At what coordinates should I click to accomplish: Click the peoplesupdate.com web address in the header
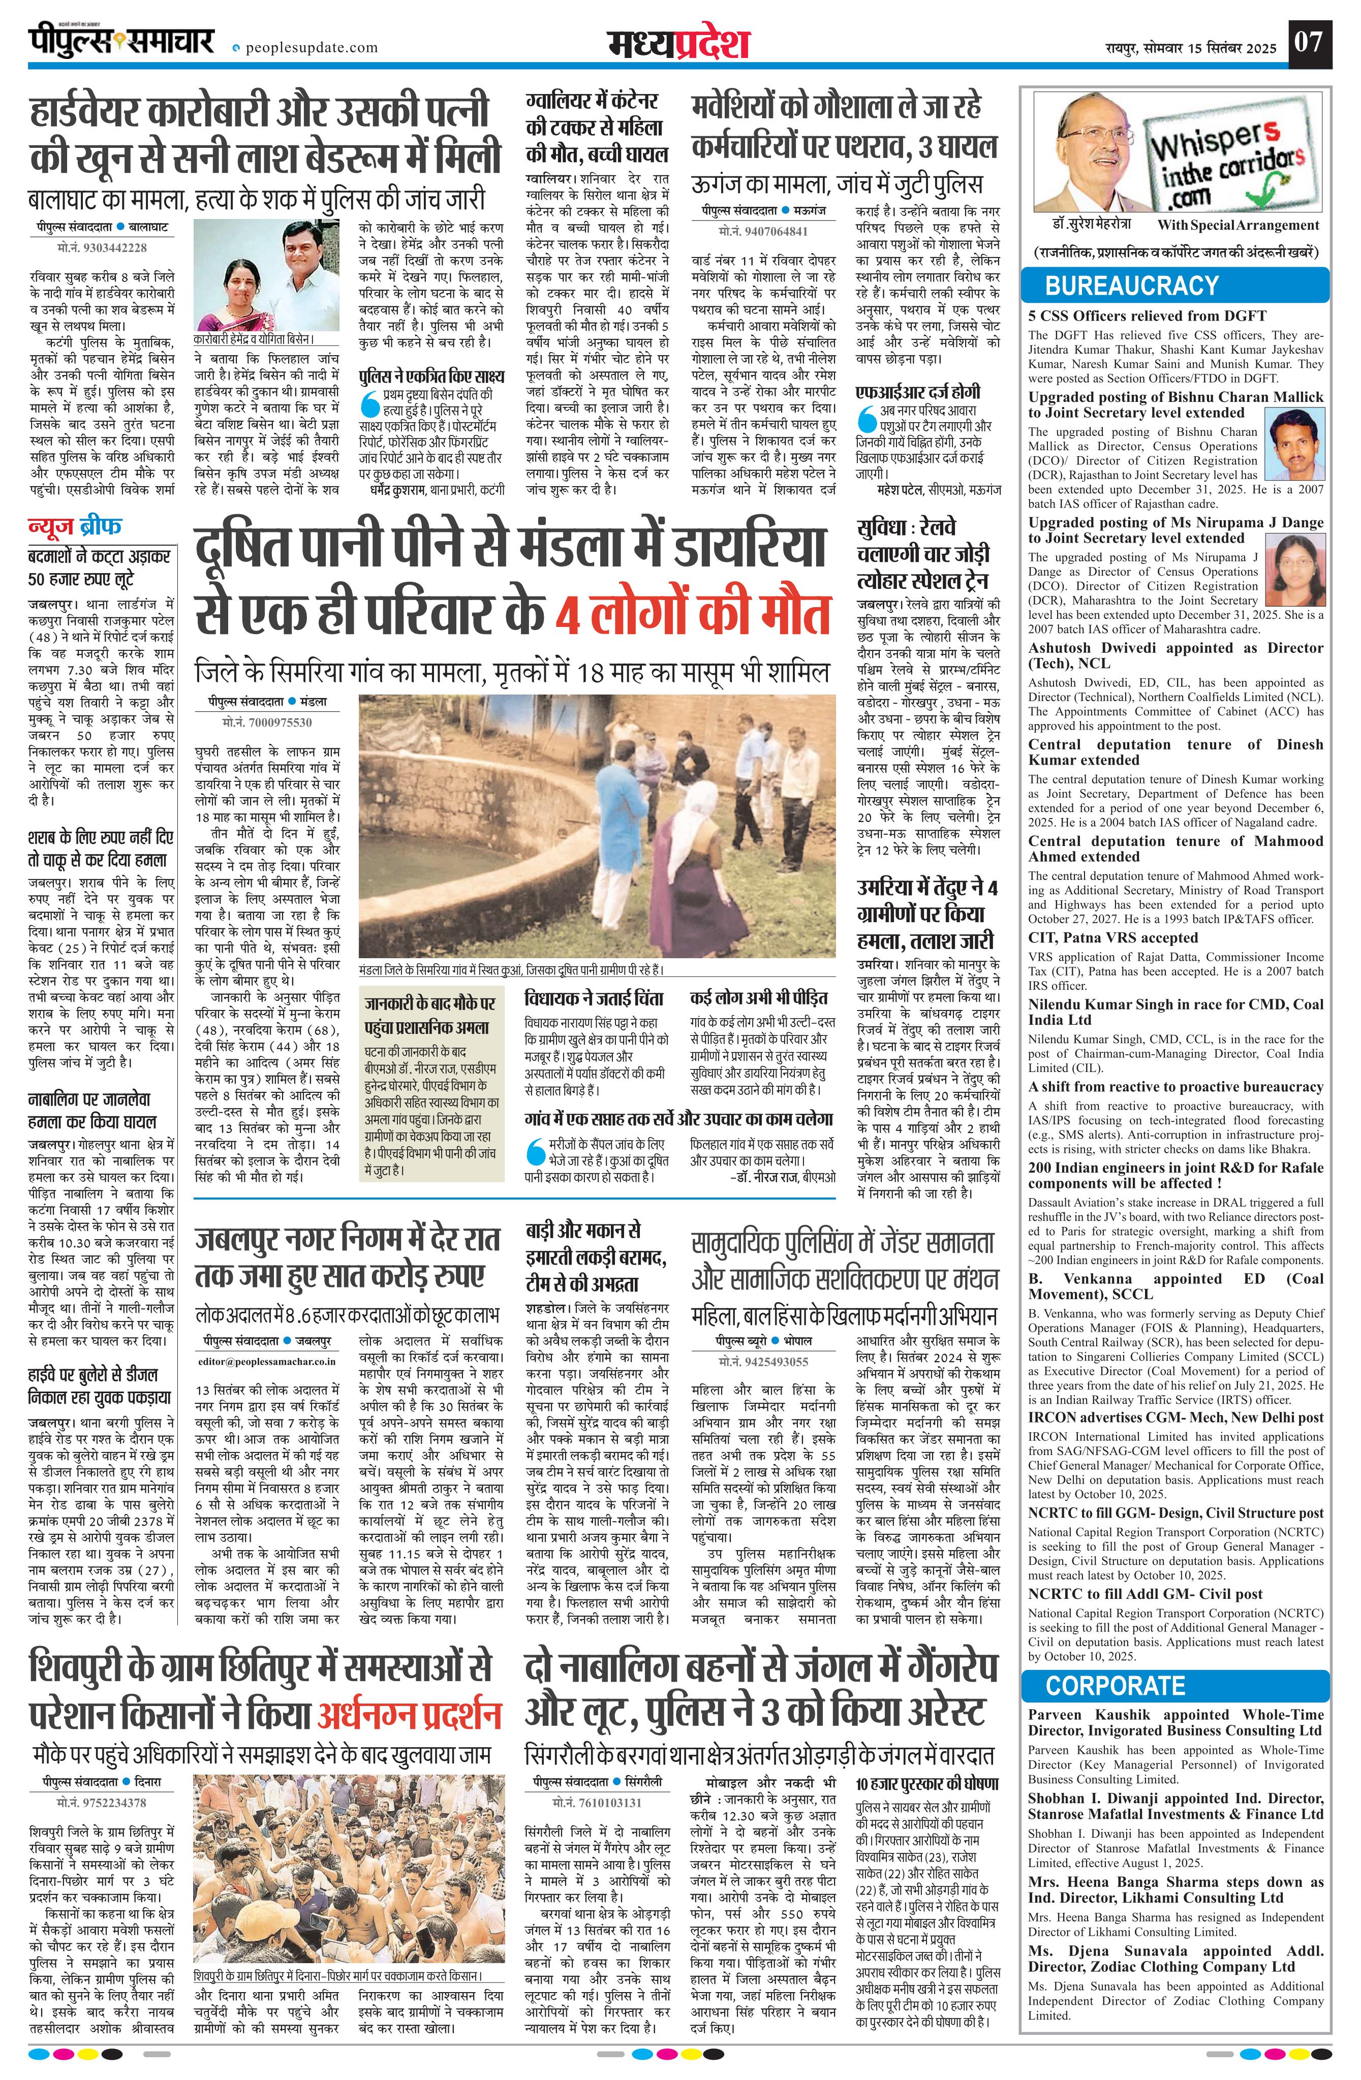click(311, 48)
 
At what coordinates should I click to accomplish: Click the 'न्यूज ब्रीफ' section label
click(76, 527)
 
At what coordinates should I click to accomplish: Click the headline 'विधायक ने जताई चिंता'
click(595, 998)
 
